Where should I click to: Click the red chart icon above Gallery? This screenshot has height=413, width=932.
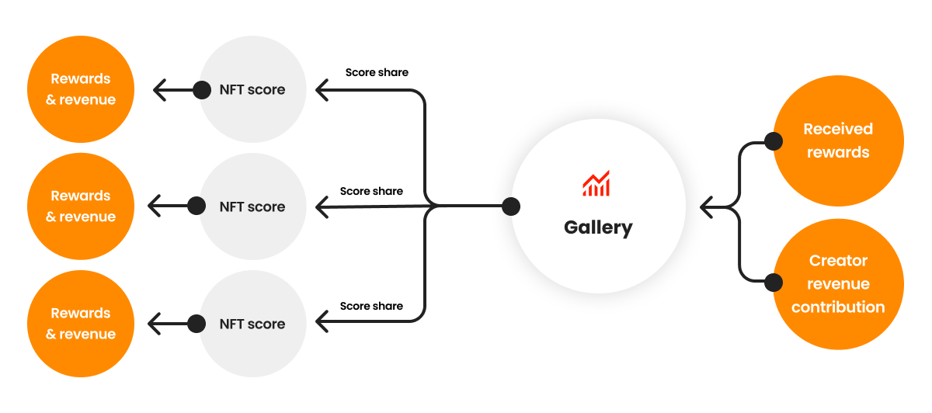pyautogui.click(x=596, y=183)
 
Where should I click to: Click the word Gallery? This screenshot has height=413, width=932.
pyautogui.click(x=598, y=227)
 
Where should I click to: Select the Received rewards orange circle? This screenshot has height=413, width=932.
pyautogui.click(x=838, y=141)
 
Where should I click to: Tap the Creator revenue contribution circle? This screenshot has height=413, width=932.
pyautogui.click(x=838, y=284)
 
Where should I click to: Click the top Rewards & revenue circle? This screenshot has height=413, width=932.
pyautogui.click(x=81, y=89)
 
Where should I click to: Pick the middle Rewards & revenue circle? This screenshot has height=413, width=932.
pyautogui.click(x=81, y=206)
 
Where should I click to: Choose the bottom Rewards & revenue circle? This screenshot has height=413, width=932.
pyautogui.click(x=81, y=324)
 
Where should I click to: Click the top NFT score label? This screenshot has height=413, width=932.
pyautogui.click(x=252, y=90)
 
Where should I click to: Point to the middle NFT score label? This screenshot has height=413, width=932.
pyautogui.click(x=252, y=207)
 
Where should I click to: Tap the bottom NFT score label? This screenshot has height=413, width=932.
pyautogui.click(x=252, y=324)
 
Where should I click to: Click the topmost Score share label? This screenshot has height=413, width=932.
pyautogui.click(x=377, y=72)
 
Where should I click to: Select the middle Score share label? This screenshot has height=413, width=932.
pyautogui.click(x=371, y=191)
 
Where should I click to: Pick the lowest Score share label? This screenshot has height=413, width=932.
pyautogui.click(x=371, y=306)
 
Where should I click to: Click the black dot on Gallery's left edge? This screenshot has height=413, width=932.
pyautogui.click(x=510, y=206)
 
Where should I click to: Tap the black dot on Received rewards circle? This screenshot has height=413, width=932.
pyautogui.click(x=773, y=141)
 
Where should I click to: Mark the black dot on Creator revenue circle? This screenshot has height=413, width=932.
pyautogui.click(x=773, y=283)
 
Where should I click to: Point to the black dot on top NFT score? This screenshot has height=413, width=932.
pyautogui.click(x=202, y=90)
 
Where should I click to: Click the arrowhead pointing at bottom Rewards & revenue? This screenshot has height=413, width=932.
pyautogui.click(x=153, y=323)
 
